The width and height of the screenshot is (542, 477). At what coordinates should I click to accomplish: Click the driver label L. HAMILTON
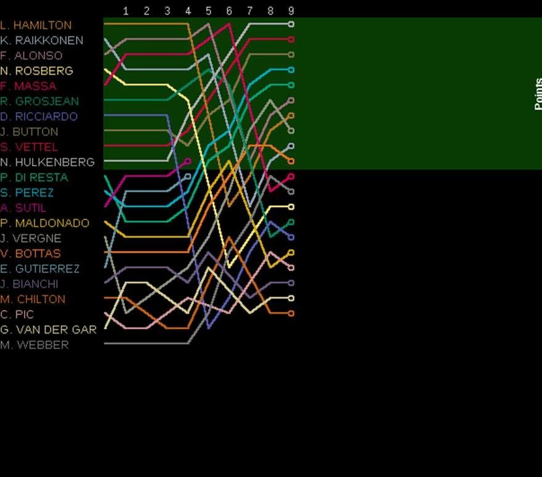[36, 25]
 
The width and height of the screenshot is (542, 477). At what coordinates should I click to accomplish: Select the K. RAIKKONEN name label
[41, 41]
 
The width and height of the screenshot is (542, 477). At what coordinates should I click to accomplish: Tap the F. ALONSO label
[31, 55]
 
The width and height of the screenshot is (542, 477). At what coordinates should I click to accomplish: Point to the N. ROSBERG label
[36, 71]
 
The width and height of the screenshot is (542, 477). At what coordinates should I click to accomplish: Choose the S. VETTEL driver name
[29, 147]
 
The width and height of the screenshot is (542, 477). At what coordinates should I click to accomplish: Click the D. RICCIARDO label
[39, 116]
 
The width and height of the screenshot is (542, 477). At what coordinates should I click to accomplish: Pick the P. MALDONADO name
[44, 223]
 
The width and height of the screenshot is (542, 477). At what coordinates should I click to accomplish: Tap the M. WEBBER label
[35, 345]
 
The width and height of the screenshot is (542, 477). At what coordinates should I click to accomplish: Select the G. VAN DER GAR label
[48, 330]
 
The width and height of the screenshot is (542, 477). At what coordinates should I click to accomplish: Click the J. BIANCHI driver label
[29, 284]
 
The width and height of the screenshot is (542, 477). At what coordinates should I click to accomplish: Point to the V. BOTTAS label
[30, 253]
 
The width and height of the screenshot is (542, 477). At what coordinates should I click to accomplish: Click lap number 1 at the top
[126, 11]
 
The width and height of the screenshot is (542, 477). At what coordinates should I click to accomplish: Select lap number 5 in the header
[209, 11]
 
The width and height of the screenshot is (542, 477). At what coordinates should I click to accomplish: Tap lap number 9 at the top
[291, 11]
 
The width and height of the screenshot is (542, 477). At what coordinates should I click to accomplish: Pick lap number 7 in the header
[250, 11]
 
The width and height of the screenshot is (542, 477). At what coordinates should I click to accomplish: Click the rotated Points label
[538, 94]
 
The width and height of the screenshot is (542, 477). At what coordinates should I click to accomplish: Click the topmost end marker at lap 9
[291, 25]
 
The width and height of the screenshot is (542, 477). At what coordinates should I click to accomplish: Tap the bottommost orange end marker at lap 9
[291, 313]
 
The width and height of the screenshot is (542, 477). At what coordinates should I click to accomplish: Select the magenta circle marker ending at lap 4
[188, 161]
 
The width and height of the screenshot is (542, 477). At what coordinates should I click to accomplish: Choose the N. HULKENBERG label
[48, 162]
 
